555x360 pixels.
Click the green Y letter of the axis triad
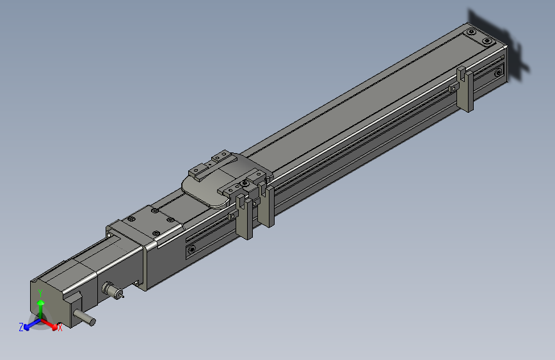coord(40,292)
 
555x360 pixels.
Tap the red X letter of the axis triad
coord(60,328)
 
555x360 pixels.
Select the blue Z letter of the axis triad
coord(21,327)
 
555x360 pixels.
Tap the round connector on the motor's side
coord(111,291)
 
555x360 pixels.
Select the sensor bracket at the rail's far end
coord(466,90)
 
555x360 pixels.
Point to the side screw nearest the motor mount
coord(191,249)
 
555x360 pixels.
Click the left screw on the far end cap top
coord(472,32)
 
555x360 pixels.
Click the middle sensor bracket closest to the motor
coord(245,218)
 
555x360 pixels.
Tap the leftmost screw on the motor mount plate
coord(131,219)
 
